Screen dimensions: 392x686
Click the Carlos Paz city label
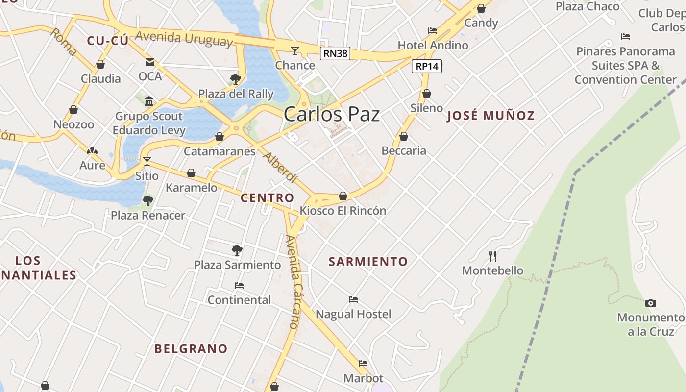[x=332, y=114]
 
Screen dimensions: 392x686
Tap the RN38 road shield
[x=335, y=53]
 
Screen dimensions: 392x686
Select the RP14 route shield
[x=427, y=66]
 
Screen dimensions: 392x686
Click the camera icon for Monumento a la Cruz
[x=650, y=303]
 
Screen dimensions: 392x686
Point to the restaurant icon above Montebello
[x=492, y=256]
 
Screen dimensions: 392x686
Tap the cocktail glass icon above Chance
[x=294, y=50]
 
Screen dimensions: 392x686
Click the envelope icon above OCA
[x=149, y=62]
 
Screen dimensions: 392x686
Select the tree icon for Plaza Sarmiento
[x=237, y=250]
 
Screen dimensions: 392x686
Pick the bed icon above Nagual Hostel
[x=353, y=299]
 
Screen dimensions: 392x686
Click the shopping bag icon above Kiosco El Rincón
[x=343, y=196]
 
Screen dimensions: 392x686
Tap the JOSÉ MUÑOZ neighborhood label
[x=491, y=116]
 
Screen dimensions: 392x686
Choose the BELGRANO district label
[x=191, y=348]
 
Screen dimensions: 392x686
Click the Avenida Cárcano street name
[x=292, y=281]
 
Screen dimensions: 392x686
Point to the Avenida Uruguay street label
[x=184, y=38]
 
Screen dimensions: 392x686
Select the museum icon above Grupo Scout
[x=149, y=101]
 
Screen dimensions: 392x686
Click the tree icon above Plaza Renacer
[x=147, y=200]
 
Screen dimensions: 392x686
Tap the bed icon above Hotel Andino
[x=433, y=30]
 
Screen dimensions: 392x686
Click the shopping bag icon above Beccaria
[x=404, y=136]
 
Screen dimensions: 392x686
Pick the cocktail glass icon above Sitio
[x=147, y=161]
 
